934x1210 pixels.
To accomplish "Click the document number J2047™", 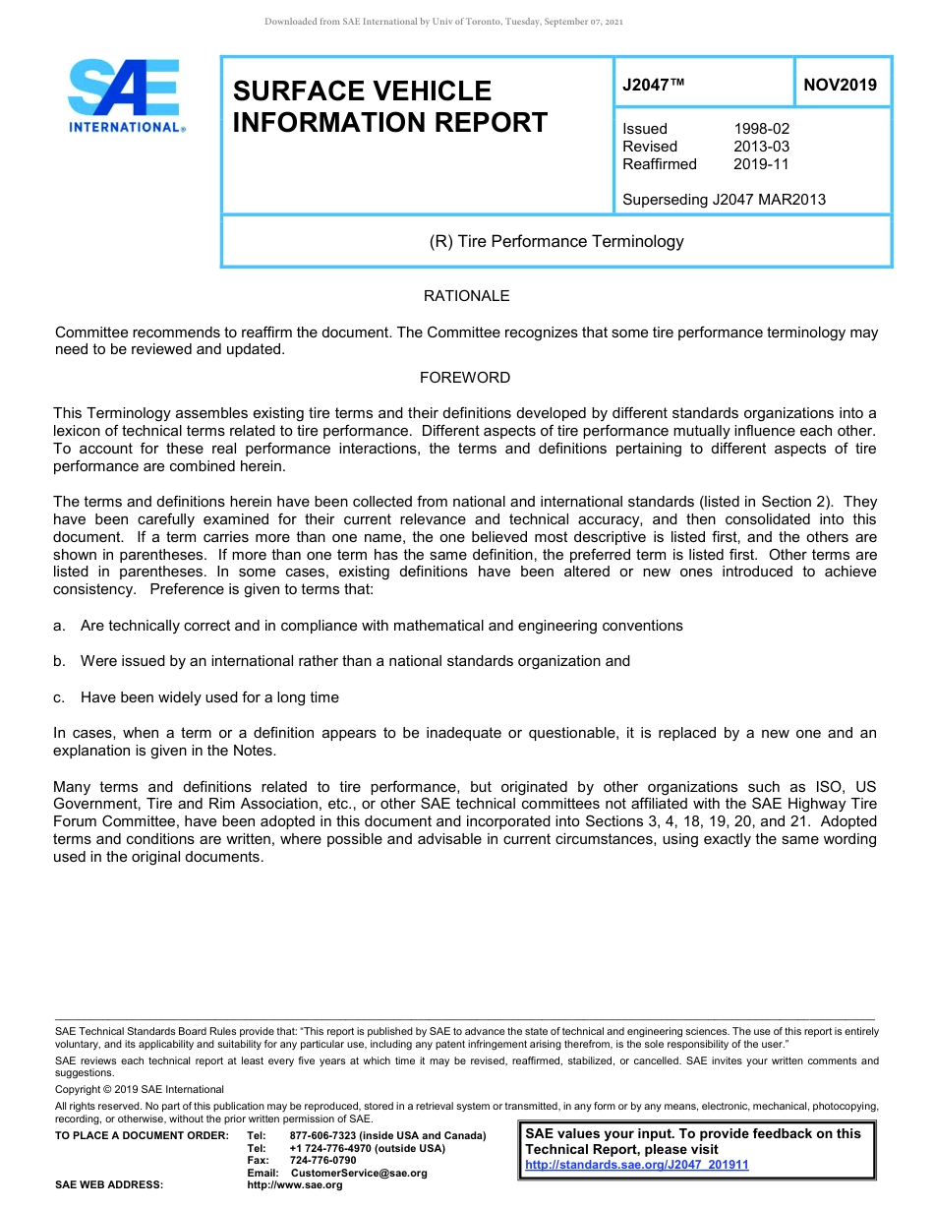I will point(653,85).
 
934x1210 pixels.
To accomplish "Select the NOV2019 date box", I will point(840,85).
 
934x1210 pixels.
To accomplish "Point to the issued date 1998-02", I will point(761,129).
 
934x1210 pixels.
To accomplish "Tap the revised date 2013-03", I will point(761,147).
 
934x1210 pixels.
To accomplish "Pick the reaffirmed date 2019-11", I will point(761,164).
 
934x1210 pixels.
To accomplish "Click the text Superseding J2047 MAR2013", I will point(724,200).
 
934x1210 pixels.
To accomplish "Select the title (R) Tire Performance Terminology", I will point(556,241).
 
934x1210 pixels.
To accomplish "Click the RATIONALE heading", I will point(466,296).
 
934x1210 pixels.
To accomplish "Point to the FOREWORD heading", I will point(465,378).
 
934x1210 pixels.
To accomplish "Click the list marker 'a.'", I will point(60,626).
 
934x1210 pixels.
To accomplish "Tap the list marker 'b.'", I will point(60,661).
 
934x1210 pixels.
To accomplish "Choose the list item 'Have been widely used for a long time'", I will point(209,697).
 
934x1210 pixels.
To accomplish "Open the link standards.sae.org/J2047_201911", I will point(637,1165).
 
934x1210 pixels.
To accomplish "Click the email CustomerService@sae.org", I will point(359,1173).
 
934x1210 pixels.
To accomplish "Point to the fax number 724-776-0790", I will point(322,1161).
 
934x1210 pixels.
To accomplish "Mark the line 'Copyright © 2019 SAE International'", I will point(140,1089).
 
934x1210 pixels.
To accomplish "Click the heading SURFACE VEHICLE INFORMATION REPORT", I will point(389,106).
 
